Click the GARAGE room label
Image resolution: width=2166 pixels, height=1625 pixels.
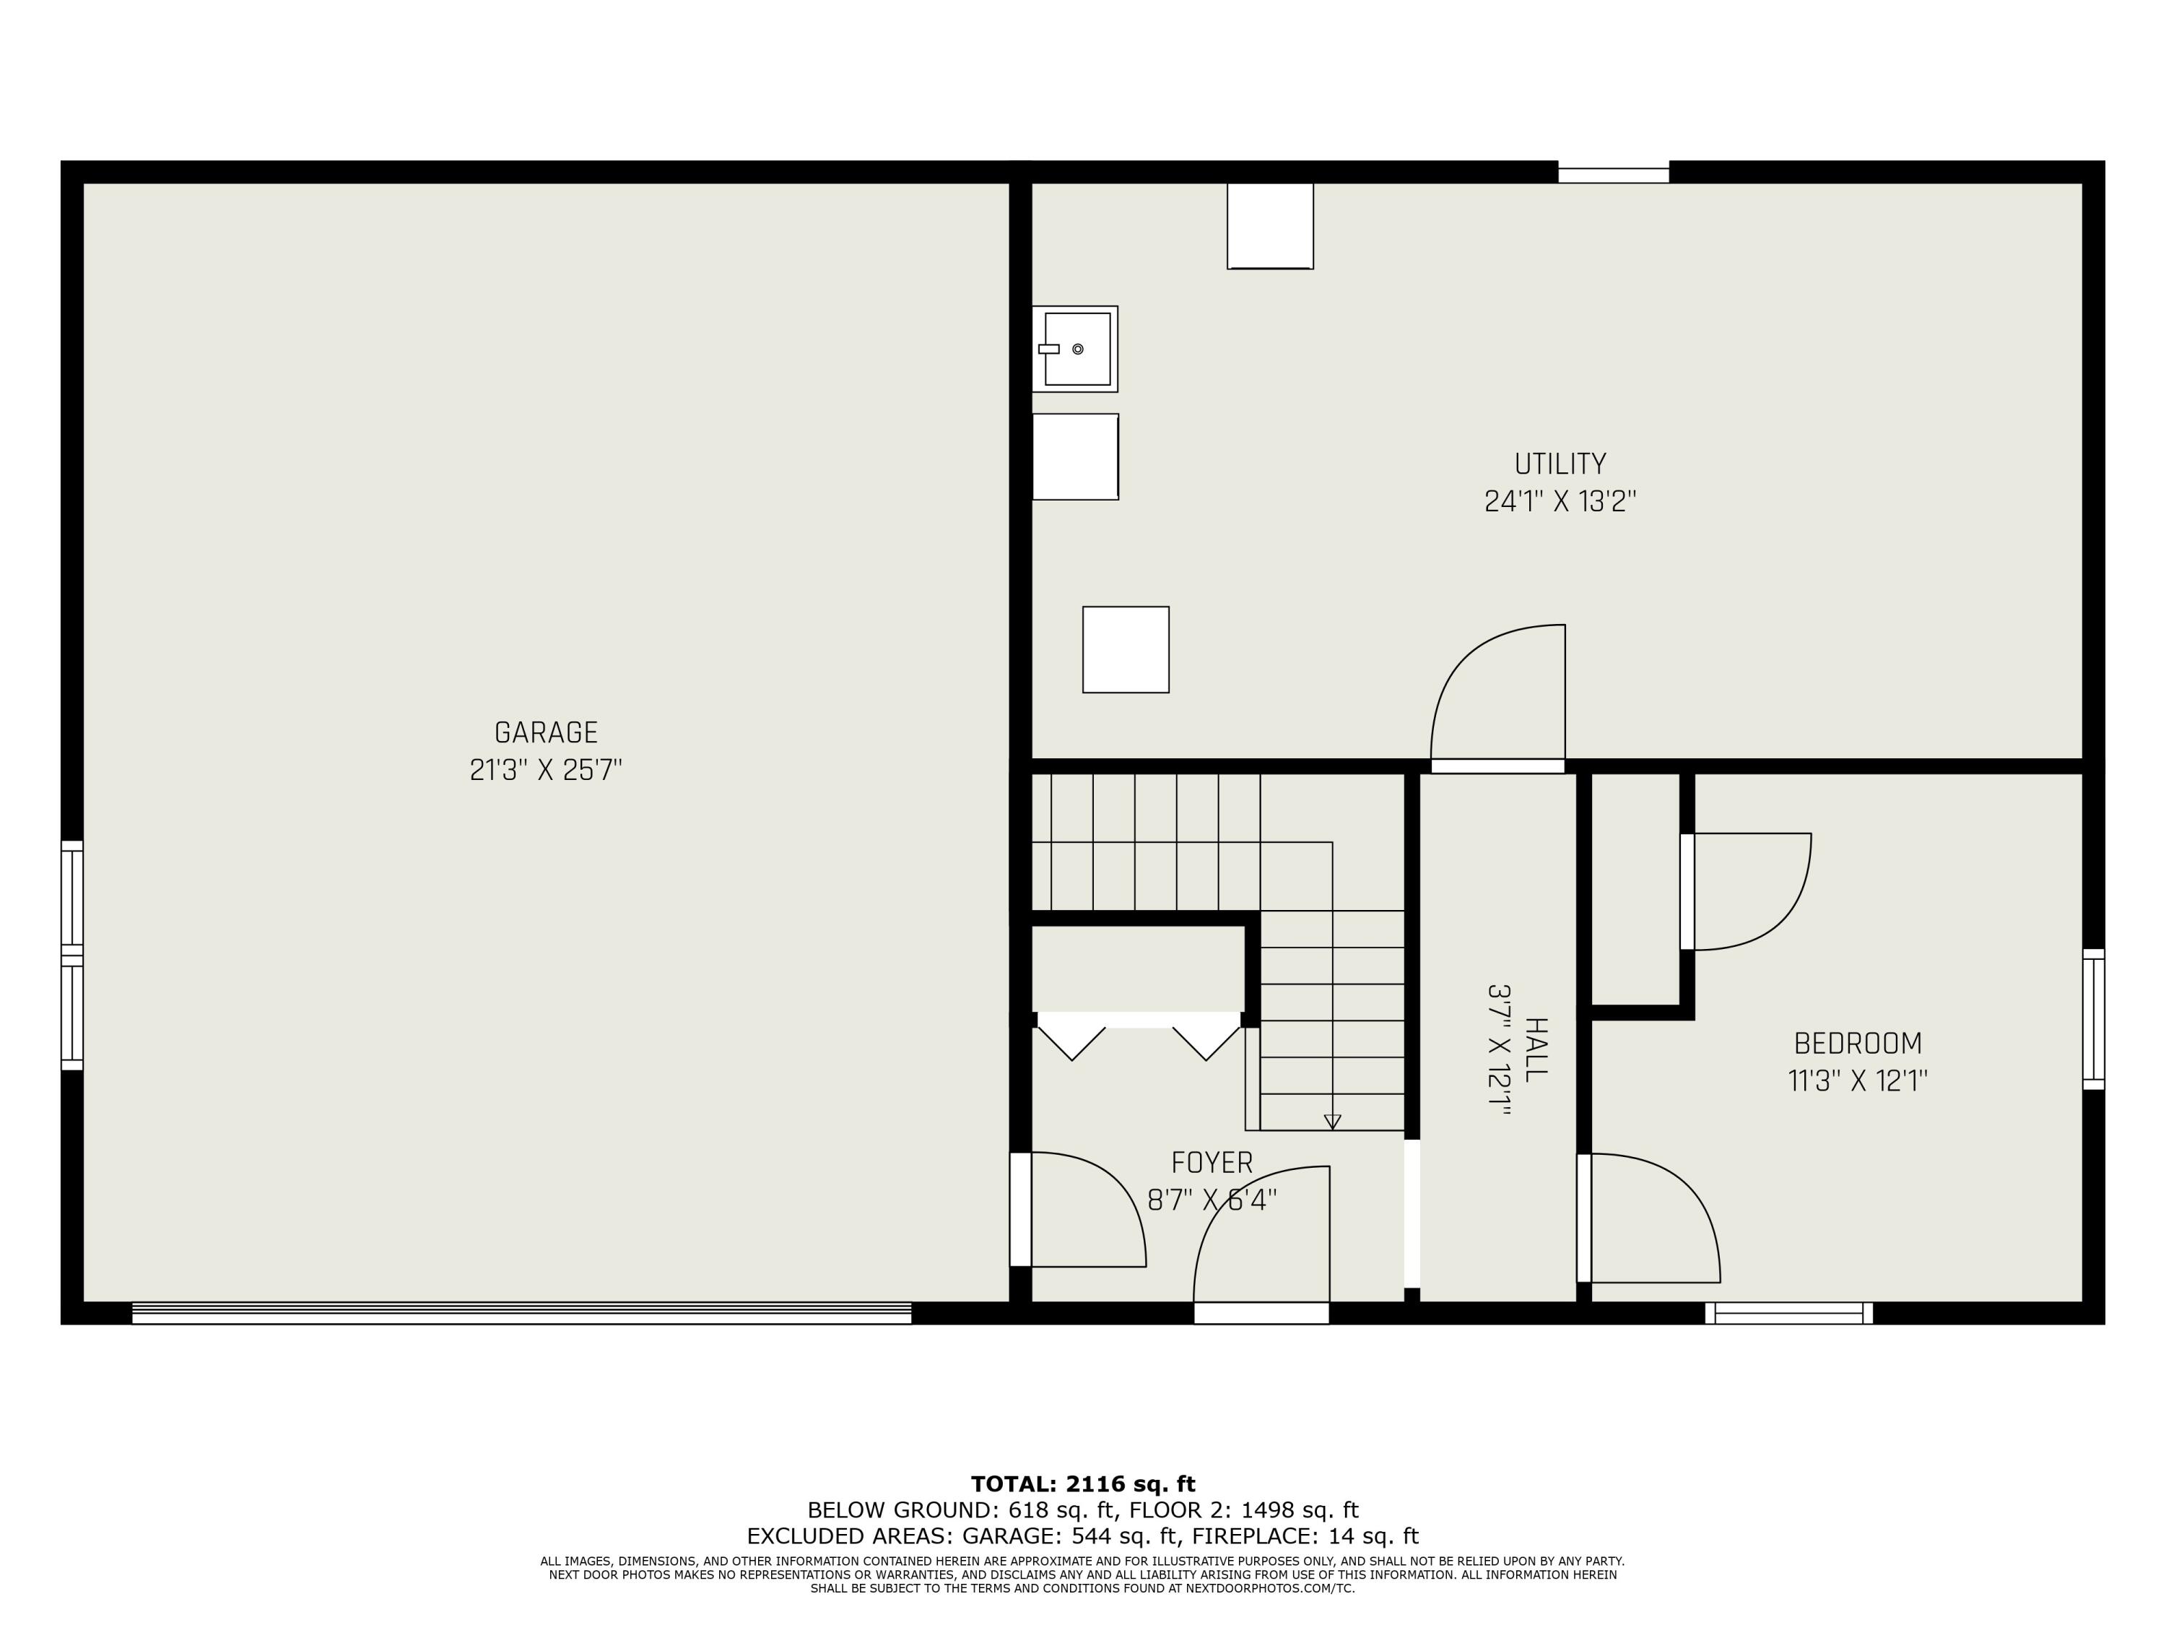[x=545, y=732]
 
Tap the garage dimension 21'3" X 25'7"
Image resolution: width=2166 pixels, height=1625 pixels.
[x=545, y=770]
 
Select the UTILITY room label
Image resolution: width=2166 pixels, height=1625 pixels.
[x=1560, y=464]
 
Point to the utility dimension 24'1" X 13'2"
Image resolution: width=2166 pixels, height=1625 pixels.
[x=1560, y=501]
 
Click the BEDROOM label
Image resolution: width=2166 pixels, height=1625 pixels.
[x=1858, y=1043]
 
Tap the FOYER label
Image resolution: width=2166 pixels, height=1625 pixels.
[x=1212, y=1163]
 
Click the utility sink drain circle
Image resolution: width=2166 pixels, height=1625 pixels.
[x=1077, y=349]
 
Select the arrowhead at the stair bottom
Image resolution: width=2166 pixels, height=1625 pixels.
[x=1331, y=1122]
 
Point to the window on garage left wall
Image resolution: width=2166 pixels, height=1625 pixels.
[x=72, y=955]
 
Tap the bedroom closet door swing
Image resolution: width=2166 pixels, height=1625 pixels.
[x=1748, y=890]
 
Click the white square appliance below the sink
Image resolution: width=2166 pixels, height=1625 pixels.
[x=1075, y=456]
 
